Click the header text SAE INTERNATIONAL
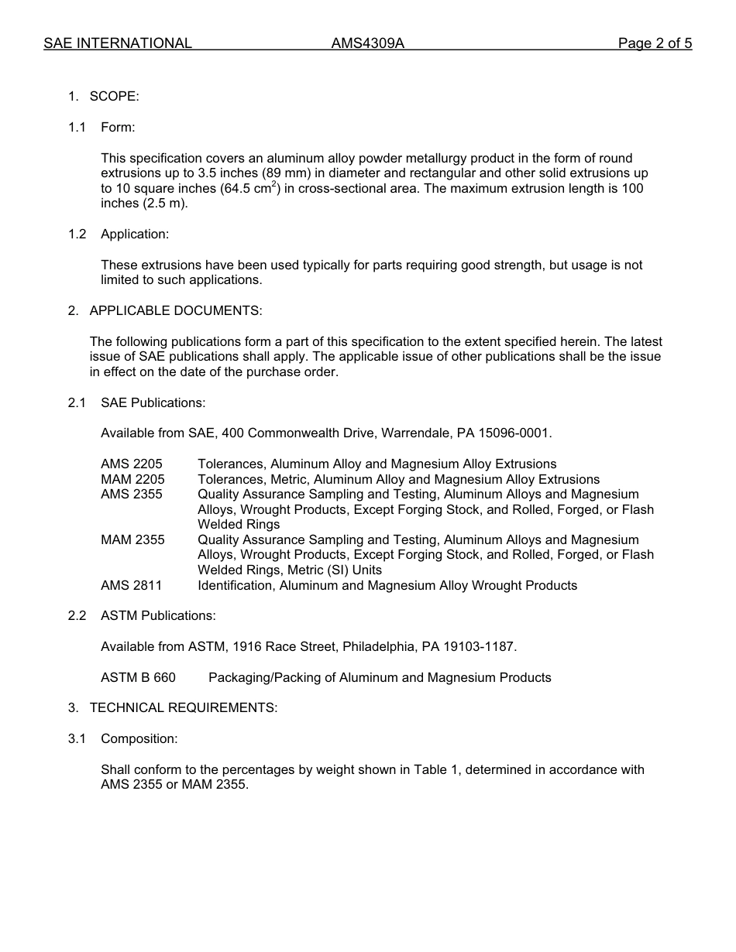click(118, 43)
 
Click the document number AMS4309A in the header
click(368, 43)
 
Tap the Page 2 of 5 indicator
click(655, 43)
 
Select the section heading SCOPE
click(114, 96)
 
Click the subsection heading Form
click(118, 127)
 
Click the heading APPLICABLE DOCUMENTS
click(176, 310)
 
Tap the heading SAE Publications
click(153, 402)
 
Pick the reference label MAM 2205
click(132, 479)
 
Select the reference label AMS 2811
click(132, 585)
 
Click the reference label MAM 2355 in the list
click(132, 539)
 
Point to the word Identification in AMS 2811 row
click(235, 585)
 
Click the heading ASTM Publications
click(158, 615)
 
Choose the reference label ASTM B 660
click(138, 677)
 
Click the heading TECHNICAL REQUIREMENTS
click(183, 707)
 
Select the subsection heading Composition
click(139, 738)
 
